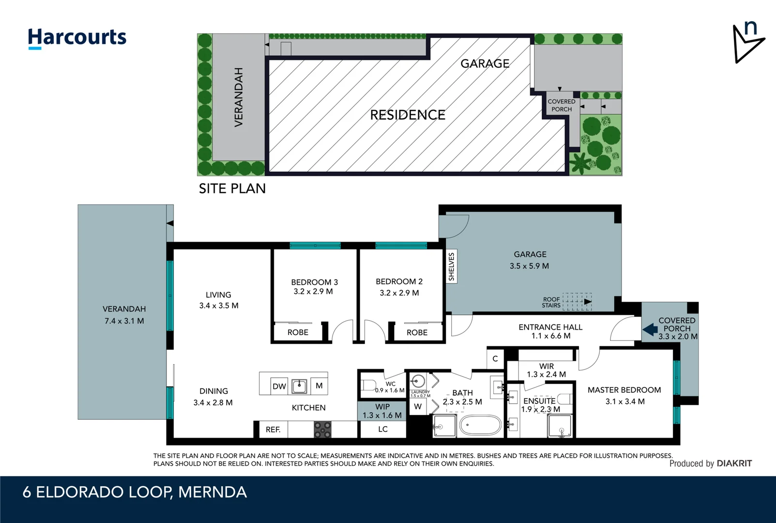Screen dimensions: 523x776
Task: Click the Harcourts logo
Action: [77, 38]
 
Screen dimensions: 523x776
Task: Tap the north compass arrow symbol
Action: [747, 44]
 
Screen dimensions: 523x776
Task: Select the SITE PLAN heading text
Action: [232, 188]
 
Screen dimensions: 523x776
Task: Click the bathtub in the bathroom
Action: [480, 426]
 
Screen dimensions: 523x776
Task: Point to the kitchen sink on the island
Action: [299, 386]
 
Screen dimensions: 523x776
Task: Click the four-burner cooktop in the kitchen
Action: [322, 430]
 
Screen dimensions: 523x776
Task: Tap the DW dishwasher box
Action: [279, 386]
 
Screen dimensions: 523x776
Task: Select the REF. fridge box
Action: [273, 430]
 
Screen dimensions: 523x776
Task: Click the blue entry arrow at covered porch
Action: [650, 330]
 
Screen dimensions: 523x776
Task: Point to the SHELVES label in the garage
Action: [451, 266]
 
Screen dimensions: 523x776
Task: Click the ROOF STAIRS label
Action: [551, 302]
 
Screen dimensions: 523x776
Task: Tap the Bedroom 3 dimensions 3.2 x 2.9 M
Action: [313, 292]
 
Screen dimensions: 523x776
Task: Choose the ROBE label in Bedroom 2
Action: [417, 332]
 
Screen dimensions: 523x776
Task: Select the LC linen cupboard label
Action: [382, 429]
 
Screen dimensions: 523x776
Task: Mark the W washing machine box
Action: [418, 406]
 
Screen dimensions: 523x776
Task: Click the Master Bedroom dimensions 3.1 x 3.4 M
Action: [624, 401]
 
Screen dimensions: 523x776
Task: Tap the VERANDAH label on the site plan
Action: [238, 97]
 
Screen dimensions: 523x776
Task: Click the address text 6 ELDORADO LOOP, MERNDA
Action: [135, 492]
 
